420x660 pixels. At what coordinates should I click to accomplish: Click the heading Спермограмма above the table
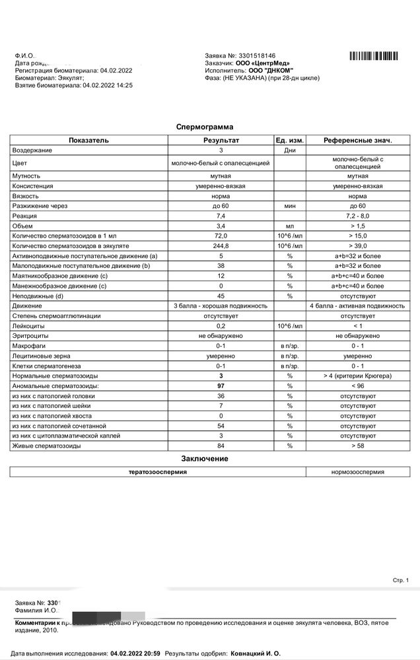coord(204,126)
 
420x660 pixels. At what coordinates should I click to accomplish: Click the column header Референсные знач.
coord(358,141)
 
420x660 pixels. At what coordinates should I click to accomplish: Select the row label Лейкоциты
coord(28,326)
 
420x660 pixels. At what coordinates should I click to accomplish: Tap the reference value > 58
coord(358,446)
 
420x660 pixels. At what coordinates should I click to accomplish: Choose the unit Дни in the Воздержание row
coord(289,150)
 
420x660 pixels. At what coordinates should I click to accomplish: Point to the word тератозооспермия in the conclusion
coord(157,472)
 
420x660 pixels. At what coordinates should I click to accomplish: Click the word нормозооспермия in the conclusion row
coord(358,472)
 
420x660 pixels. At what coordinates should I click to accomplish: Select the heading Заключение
coord(204,459)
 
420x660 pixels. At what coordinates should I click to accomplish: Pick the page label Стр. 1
coord(401,580)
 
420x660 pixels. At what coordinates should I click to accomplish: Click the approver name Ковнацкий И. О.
coord(255,653)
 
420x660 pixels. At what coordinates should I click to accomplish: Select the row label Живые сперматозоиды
coord(46,446)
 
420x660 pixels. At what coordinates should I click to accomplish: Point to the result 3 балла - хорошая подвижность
coord(221,306)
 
